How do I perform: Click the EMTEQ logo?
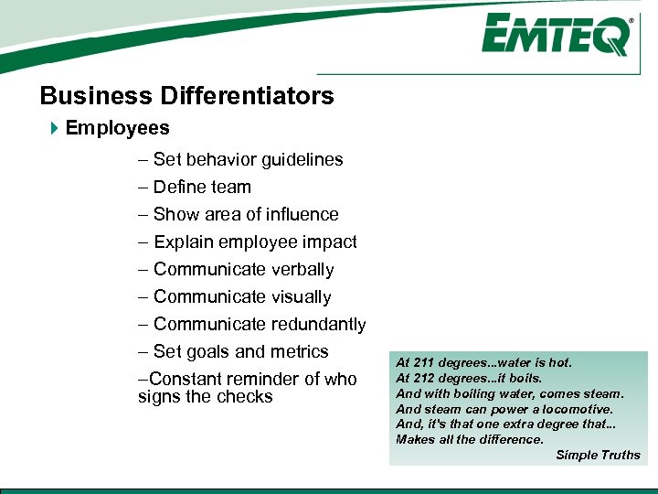[x=557, y=36]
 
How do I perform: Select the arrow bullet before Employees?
[x=53, y=128]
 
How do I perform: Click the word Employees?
[x=117, y=128]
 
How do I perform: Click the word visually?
[x=302, y=296]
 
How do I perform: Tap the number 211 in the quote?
[x=423, y=363]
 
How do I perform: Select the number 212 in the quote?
[x=423, y=378]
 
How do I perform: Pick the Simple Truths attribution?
[x=598, y=455]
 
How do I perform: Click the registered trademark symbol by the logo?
[x=631, y=19]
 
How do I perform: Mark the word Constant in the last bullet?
[x=179, y=379]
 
